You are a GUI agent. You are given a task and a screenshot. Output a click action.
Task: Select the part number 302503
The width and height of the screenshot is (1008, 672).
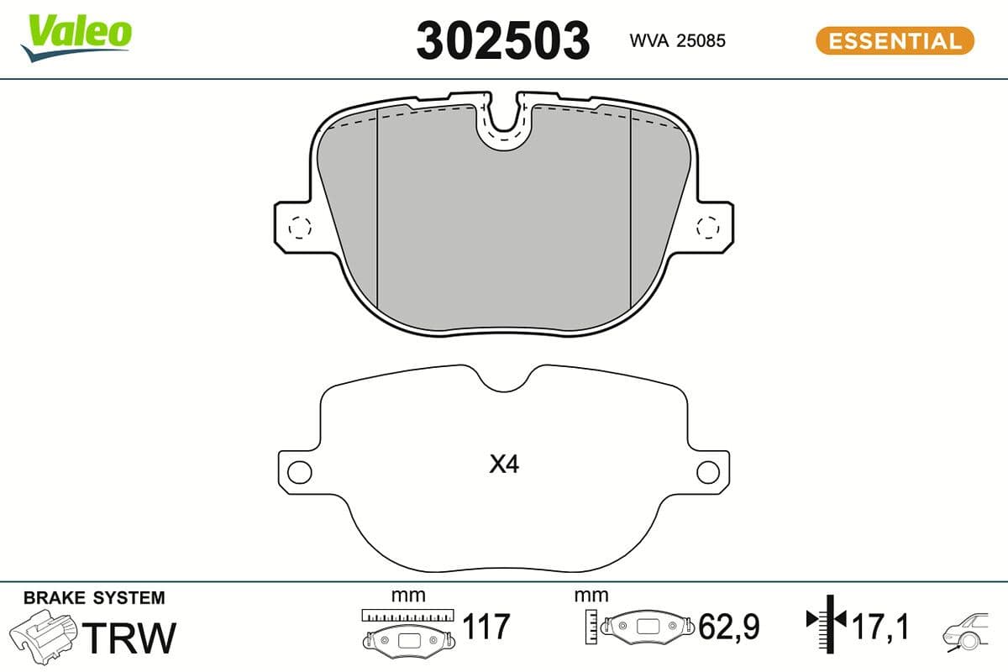(x=502, y=40)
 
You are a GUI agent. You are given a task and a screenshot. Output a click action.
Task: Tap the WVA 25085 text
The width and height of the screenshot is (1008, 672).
(x=677, y=40)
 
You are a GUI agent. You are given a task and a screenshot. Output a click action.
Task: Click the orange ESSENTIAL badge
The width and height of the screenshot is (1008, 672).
(x=895, y=40)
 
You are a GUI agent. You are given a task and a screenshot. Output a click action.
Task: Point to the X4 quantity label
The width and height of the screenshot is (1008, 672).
(x=504, y=465)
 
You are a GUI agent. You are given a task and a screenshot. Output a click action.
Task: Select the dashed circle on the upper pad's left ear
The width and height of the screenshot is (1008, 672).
(x=299, y=227)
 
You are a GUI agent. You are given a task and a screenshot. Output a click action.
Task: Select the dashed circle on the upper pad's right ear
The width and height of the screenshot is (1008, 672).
(x=709, y=227)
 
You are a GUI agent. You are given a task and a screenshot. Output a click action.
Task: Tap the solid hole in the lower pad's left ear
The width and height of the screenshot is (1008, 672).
(x=299, y=472)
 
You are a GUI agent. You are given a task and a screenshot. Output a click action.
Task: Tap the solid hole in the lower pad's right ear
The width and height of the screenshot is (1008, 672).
(x=709, y=472)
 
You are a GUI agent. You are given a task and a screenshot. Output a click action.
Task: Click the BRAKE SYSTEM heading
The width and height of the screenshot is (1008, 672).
(x=94, y=598)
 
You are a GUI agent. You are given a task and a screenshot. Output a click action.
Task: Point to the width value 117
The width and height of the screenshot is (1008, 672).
(x=486, y=627)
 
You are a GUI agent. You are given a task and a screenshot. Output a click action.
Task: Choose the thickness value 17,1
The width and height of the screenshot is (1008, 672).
(x=879, y=627)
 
